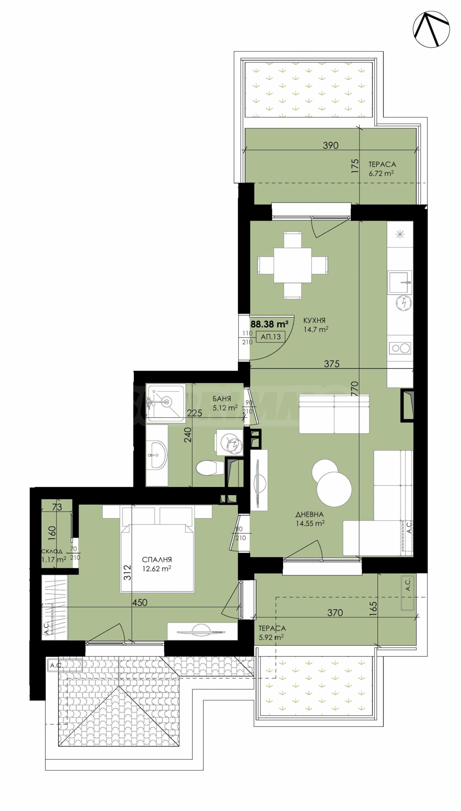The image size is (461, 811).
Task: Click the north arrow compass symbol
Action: [x=431, y=30]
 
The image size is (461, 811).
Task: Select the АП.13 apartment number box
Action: [x=271, y=336]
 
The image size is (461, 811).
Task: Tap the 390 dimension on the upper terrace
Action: [x=331, y=145]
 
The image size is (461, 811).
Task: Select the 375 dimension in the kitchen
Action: [x=332, y=364]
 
